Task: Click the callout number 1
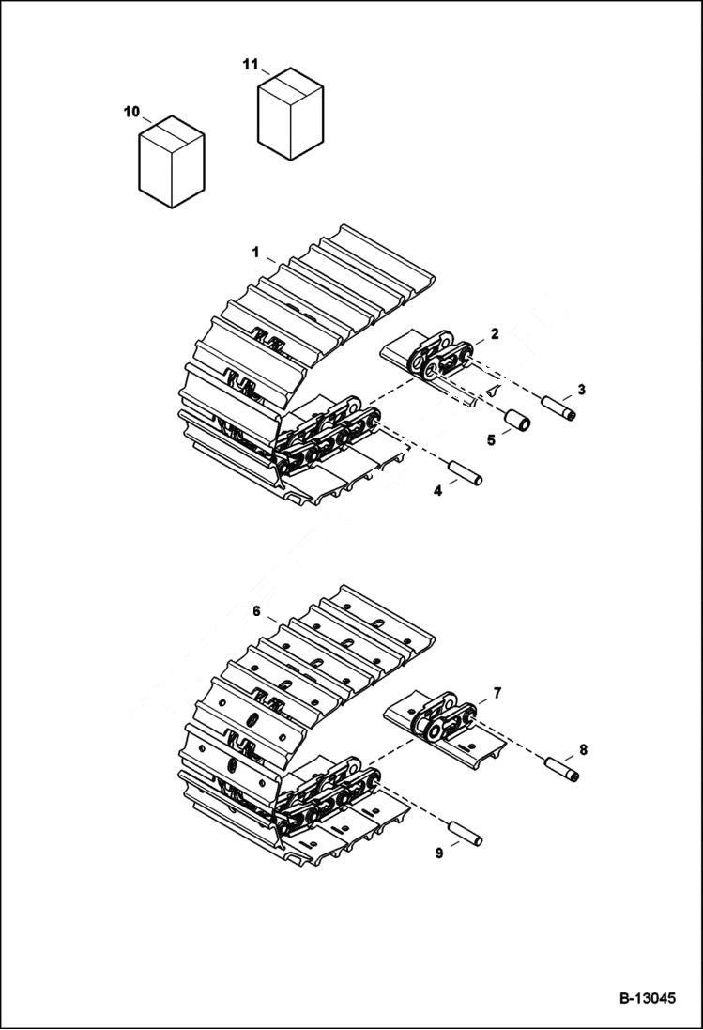coord(254,252)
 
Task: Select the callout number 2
coord(495,333)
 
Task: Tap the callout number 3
coord(581,389)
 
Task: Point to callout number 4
coord(437,490)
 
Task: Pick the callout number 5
coord(489,438)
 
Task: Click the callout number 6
coord(256,610)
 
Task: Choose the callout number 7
coord(497,693)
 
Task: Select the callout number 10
coord(131,112)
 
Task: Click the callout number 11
coord(250,64)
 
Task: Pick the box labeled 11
coord(290,114)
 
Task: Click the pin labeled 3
coord(558,407)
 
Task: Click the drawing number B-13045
coord(647,998)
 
